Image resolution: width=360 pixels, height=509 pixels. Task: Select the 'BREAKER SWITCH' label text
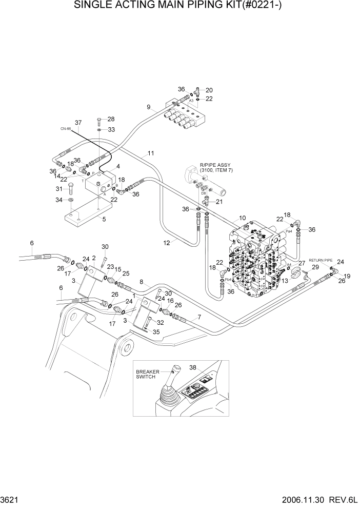click(148, 374)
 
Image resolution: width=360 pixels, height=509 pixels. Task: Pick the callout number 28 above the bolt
click(111, 119)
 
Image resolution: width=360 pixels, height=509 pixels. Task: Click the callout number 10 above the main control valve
click(242, 218)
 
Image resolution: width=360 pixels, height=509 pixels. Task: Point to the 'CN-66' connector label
click(64, 129)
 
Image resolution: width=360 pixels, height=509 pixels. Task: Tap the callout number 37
click(78, 123)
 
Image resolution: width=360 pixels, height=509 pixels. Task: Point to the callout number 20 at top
click(209, 90)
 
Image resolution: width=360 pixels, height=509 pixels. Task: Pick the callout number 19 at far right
click(347, 276)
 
